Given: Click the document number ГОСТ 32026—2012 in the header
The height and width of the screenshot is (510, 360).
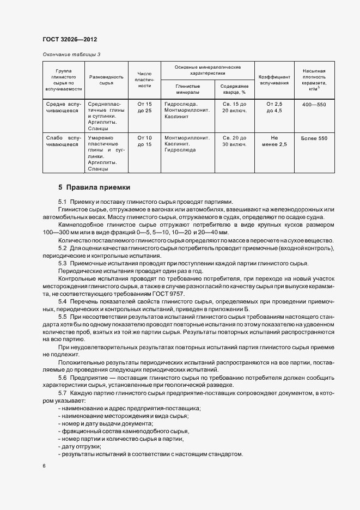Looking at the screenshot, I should tap(69, 40).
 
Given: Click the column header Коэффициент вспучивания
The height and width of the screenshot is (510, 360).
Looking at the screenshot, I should tap(273, 81).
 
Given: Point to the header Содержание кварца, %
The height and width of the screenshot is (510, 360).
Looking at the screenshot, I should tap(234, 89).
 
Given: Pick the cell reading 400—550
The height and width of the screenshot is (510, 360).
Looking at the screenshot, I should tap(314, 104).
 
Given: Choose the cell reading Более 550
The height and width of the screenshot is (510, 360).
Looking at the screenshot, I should tap(314, 138).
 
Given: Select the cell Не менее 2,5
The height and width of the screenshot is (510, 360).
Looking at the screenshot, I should tap(273, 142).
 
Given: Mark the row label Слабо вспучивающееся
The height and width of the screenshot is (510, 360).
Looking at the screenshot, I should tap(64, 142).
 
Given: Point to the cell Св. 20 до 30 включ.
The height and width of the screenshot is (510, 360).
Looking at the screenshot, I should tap(234, 142).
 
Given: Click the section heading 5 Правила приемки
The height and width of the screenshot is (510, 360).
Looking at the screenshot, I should tap(94, 187).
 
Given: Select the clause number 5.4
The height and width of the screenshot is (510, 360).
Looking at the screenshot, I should tap(62, 301).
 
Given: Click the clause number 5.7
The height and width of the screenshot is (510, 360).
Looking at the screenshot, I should tap(62, 393).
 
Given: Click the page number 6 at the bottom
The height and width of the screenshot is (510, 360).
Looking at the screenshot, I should tap(44, 466).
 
